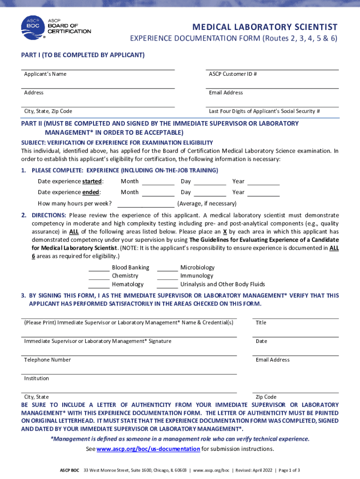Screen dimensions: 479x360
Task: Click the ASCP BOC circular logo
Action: [34, 28]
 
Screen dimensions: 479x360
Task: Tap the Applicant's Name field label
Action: [45, 74]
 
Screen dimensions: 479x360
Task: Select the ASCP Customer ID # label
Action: [232, 74]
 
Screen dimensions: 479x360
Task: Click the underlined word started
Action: [92, 181]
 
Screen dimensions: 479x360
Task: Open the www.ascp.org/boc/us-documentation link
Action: [148, 449]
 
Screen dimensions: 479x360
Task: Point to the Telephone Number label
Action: [48, 360]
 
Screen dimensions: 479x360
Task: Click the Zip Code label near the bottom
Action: [266, 397]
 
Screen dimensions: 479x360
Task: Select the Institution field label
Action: [36, 378]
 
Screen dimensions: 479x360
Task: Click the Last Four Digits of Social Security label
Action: [264, 111]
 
